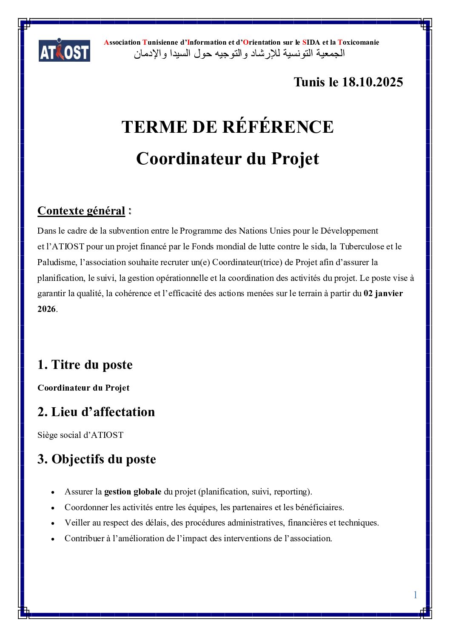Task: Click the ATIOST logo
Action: tap(64, 51)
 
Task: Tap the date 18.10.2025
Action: tap(372, 82)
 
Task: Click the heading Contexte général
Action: tap(81, 211)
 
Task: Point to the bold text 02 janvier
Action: tap(383, 293)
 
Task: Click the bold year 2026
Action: tap(46, 309)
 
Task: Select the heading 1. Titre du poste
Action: tap(85, 365)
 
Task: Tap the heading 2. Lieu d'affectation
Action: tap(96, 412)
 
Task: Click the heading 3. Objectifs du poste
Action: tap(97, 459)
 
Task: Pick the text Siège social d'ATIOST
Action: tap(80, 435)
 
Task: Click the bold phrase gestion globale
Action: tap(133, 491)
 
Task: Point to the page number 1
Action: tap(415, 595)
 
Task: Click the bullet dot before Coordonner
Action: tap(53, 508)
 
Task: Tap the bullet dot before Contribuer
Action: tap(53, 539)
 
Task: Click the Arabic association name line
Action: tap(239, 54)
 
